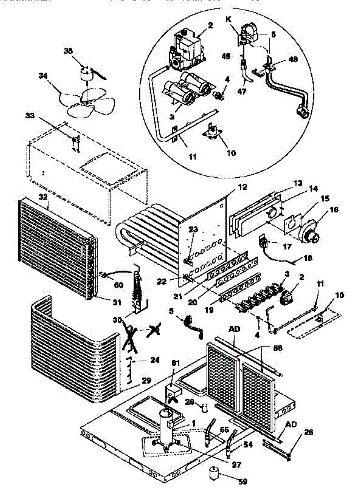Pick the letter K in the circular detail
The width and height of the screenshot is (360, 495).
[229, 19]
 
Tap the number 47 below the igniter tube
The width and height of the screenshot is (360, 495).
[242, 92]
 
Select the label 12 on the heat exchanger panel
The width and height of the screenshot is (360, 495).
[242, 187]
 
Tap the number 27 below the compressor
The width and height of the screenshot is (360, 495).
[236, 464]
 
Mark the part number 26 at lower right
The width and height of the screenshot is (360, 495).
[308, 433]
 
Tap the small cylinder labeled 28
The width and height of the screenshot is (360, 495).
[204, 408]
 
